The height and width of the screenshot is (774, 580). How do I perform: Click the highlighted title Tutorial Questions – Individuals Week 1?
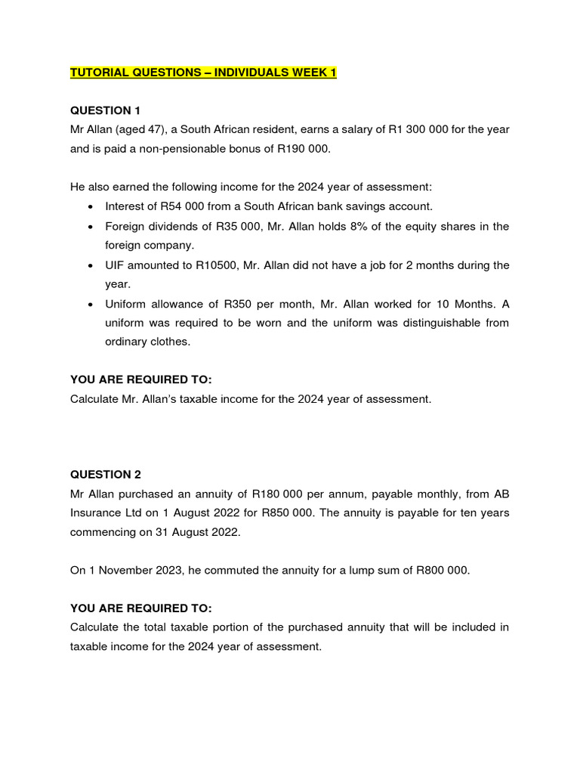point(203,73)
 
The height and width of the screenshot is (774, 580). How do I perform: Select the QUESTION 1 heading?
point(106,110)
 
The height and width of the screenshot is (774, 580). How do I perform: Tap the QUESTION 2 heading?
point(106,474)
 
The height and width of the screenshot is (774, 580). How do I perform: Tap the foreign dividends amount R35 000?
point(233,226)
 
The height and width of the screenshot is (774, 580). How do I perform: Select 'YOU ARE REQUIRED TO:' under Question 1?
point(141,379)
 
